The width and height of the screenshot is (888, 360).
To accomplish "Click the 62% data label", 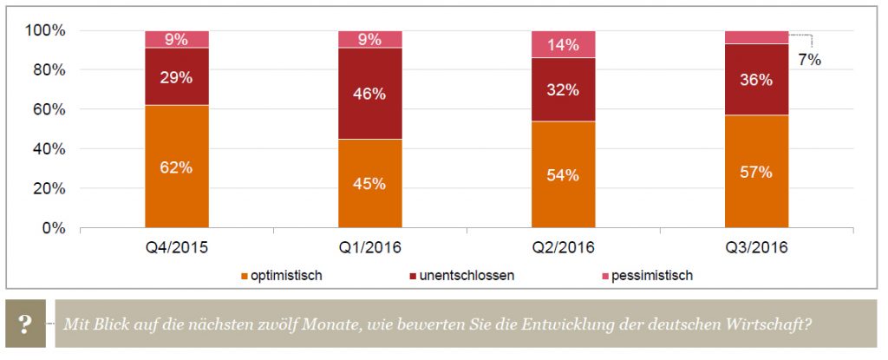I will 177,167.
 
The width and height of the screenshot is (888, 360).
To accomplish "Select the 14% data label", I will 563,45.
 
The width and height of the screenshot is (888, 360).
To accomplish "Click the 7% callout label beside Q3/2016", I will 809,61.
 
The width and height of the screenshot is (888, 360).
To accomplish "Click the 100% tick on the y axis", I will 46,31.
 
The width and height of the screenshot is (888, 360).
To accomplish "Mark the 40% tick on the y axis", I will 49,149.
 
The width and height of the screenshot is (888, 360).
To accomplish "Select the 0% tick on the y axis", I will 54,228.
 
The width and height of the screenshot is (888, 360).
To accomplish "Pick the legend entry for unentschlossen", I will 466,276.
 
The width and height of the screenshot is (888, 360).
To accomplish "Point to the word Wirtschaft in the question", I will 774,325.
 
